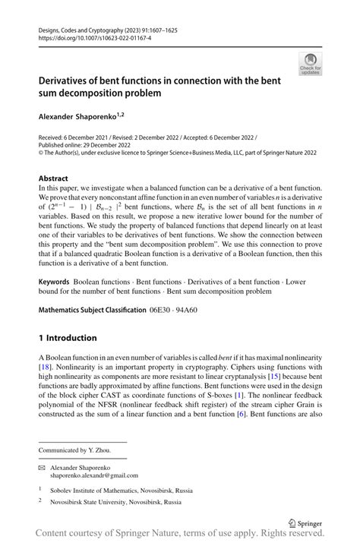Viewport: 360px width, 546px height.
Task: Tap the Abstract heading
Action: (x=54, y=178)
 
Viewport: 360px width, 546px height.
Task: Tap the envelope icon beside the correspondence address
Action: (x=43, y=468)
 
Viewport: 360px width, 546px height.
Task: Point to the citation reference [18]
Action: (x=45, y=368)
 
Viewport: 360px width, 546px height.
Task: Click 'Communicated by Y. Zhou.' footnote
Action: (x=77, y=450)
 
